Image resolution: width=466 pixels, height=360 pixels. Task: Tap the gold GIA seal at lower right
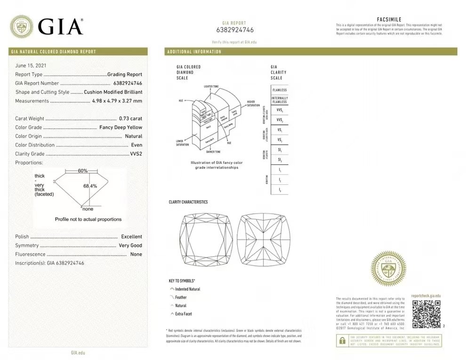388,269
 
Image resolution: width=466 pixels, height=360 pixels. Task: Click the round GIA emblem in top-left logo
21,26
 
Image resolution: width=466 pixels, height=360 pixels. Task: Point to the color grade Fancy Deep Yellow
121,127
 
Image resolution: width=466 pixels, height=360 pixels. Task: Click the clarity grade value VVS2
136,154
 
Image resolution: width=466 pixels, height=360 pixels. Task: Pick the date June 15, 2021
31,65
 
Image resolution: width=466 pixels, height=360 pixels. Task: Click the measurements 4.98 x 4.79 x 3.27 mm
117,101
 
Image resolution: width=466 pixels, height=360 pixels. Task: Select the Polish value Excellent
131,237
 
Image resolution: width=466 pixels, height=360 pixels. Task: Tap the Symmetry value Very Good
130,245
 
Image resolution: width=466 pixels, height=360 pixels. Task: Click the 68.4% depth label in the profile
90,186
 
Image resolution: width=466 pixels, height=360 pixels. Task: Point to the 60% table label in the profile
83,171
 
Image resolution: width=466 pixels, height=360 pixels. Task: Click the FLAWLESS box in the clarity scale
279,90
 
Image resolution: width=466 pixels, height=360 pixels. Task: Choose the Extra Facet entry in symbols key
184,314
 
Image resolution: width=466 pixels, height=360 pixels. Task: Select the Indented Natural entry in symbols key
187,289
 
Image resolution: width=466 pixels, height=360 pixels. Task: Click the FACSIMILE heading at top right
389,19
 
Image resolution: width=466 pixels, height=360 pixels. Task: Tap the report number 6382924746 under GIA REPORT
235,30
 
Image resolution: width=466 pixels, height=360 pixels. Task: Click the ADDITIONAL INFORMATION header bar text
194,52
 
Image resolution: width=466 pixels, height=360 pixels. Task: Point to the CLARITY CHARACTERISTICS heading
188,202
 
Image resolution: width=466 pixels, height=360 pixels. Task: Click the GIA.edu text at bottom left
78,352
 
